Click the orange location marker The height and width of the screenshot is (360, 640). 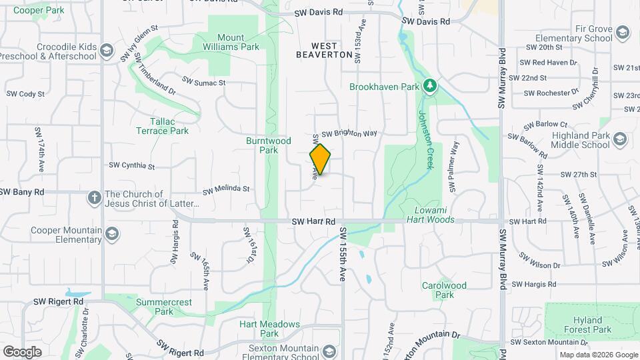(320, 159)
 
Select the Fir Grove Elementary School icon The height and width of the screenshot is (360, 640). (622, 33)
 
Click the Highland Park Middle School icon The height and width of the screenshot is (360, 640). (620, 139)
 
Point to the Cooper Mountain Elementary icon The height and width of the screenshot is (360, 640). (112, 234)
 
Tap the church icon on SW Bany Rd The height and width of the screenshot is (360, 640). (94, 198)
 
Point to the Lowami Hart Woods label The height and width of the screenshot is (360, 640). (430, 214)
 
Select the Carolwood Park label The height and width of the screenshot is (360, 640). (443, 290)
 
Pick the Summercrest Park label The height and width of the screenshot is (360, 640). (164, 307)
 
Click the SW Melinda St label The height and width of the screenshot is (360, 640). (226, 189)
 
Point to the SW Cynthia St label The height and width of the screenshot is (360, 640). (131, 165)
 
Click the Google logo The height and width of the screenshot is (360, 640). (22, 351)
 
